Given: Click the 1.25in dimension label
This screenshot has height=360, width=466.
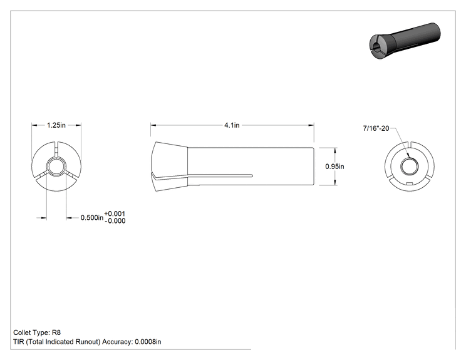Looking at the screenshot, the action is (x=56, y=125).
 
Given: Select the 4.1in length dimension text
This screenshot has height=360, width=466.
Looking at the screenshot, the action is (x=232, y=125).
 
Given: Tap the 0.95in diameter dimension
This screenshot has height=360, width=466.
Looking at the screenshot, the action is (x=334, y=167).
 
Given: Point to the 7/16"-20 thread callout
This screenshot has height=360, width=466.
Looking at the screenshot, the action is (x=376, y=128).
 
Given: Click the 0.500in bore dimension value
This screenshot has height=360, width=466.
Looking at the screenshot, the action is (x=92, y=218).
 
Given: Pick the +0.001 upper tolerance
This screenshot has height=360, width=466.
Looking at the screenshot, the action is (x=115, y=213).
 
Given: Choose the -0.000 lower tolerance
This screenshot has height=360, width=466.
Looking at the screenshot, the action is (x=115, y=221).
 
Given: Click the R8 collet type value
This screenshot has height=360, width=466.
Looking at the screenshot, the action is (x=56, y=332).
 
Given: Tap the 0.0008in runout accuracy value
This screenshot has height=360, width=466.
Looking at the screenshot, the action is (x=148, y=342).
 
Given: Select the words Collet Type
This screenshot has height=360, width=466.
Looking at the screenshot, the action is (x=31, y=332).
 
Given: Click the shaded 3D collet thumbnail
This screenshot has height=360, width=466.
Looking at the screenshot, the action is (x=405, y=41).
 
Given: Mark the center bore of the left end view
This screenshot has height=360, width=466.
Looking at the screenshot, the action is (x=56, y=167).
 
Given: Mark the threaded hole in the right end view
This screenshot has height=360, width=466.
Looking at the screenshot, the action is (x=410, y=167).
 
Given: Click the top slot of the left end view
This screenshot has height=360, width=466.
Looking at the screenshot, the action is (x=56, y=149).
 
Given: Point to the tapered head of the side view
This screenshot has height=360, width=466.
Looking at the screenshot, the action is (x=169, y=167).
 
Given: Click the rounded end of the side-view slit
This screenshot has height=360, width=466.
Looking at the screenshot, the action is (x=252, y=175).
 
